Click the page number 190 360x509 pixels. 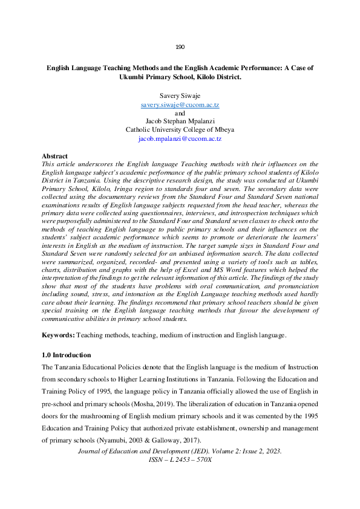pyautogui.click(x=180, y=47)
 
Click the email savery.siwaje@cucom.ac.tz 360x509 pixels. pyautogui.click(x=180, y=105)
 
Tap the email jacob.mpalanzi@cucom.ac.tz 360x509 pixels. pyautogui.click(x=180, y=138)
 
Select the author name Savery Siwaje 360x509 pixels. pyautogui.click(x=180, y=96)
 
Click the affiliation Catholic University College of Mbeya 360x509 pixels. pyautogui.click(x=180, y=130)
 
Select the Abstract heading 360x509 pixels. pyautogui.click(x=54, y=157)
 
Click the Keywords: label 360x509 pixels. pyautogui.click(x=58, y=335)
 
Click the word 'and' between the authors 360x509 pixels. pyautogui.click(x=180, y=113)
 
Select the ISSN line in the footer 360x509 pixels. pyautogui.click(x=180, y=460)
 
